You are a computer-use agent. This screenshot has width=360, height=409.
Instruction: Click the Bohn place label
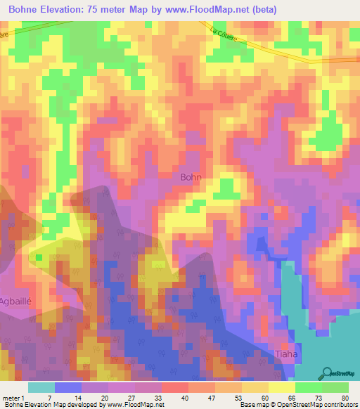pyautogui.click(x=191, y=178)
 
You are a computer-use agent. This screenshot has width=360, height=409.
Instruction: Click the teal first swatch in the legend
pyautogui.click(x=41, y=387)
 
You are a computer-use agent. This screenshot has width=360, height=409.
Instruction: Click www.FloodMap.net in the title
pyautogui.click(x=209, y=9)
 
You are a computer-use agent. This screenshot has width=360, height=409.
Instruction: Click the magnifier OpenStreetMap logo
pyautogui.click(x=326, y=373)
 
